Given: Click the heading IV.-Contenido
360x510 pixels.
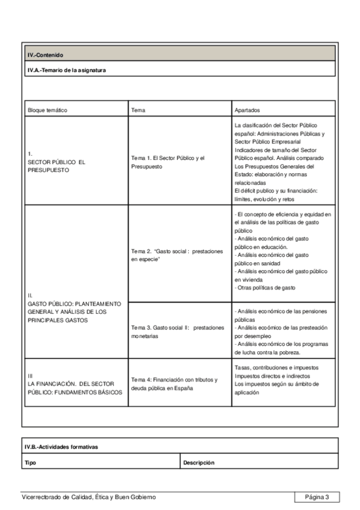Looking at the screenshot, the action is click(x=46, y=55).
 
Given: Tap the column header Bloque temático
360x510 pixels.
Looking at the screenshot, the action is click(x=47, y=111).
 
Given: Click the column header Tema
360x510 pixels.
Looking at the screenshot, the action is click(x=138, y=111).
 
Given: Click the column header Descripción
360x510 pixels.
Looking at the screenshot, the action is click(x=199, y=462).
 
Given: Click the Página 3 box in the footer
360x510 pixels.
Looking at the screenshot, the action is click(x=317, y=497).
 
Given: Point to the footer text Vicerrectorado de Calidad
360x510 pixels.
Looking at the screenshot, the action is click(x=88, y=497).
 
